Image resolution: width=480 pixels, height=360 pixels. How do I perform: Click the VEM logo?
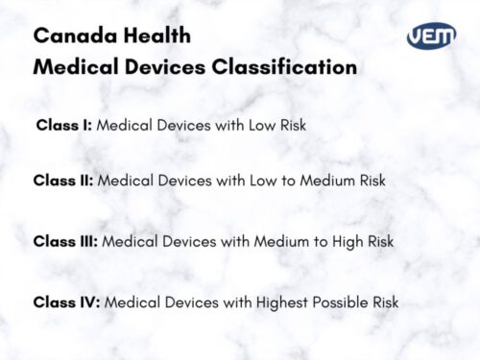point(431,37)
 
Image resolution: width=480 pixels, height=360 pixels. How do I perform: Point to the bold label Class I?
point(64,125)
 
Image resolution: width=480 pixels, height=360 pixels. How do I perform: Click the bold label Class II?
point(63,180)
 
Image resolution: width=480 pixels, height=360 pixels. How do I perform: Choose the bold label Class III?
point(65,240)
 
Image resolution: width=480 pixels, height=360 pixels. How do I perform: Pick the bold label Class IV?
point(66,302)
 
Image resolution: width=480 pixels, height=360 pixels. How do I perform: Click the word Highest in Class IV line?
point(268,302)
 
